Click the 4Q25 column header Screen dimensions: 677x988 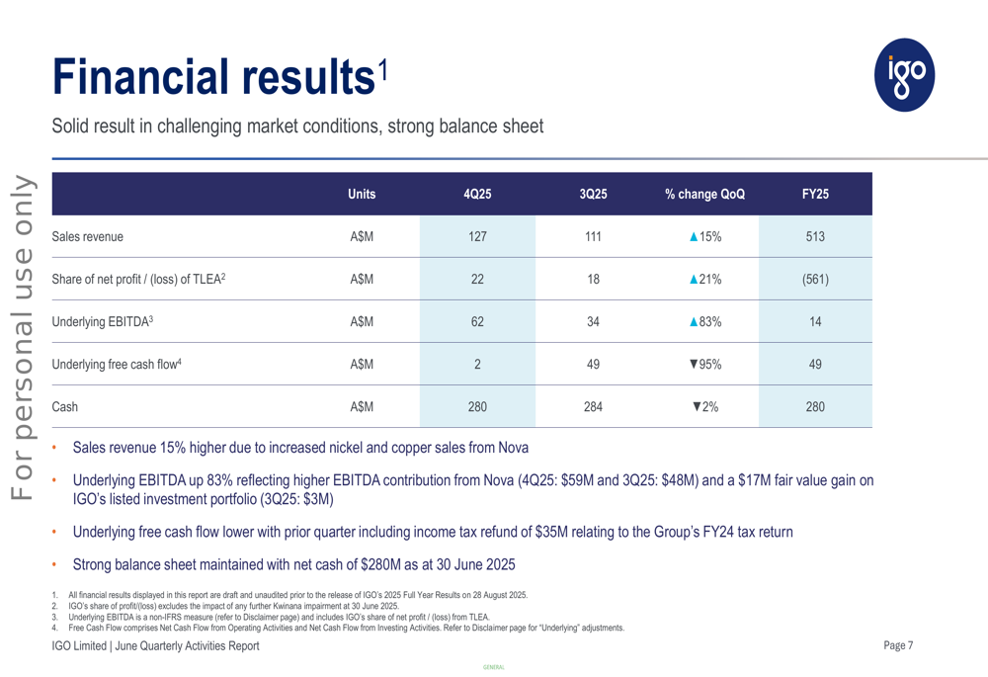coord(477,195)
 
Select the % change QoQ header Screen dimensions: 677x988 coord(704,195)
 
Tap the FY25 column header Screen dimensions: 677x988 coord(815,195)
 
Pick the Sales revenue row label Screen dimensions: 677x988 coord(88,236)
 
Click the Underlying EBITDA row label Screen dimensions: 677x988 coord(103,321)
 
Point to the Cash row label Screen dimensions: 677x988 coord(65,406)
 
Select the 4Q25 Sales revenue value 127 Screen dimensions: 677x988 coord(477,236)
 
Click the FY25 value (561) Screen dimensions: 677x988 coord(815,279)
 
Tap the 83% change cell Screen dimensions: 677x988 coord(705,321)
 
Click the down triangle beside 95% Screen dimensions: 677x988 coord(695,364)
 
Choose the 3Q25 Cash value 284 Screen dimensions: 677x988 coord(593,406)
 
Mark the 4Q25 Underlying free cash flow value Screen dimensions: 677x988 coord(477,364)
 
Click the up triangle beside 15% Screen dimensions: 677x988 coord(695,236)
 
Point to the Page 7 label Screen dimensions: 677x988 coord(898,645)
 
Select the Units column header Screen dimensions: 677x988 coord(362,195)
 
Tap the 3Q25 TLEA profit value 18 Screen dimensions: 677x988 coord(593,279)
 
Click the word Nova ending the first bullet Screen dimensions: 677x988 coord(512,448)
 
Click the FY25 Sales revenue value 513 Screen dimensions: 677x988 coord(815,236)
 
